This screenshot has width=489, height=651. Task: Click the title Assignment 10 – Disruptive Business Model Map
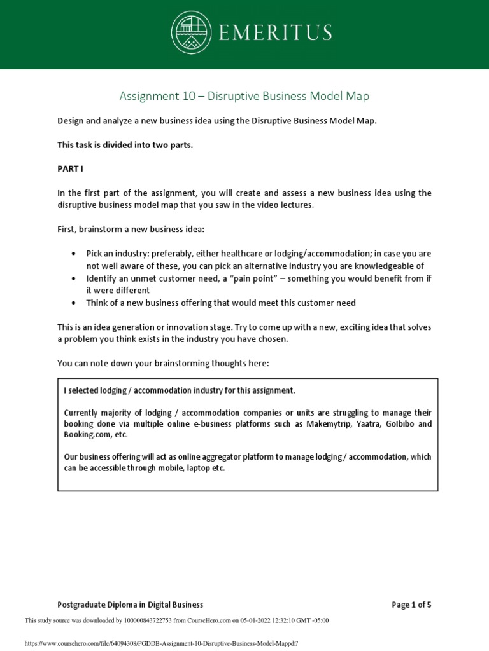(x=244, y=96)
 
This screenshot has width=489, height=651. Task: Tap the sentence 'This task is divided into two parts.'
(x=125, y=145)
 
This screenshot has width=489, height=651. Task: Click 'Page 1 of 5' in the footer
(x=411, y=605)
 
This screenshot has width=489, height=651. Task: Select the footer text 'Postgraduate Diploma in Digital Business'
(x=131, y=605)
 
